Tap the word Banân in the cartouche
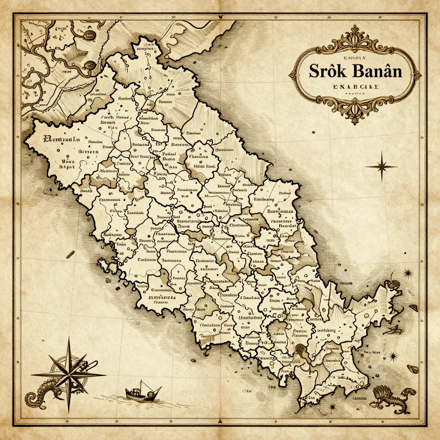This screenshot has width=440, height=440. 378,71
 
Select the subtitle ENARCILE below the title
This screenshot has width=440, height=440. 355,87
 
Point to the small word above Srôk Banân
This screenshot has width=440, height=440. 355,56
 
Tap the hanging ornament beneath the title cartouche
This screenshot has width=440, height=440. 355,114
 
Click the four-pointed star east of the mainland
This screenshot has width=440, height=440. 381,166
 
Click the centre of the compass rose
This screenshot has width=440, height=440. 69,375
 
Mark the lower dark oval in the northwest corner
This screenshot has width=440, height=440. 91,65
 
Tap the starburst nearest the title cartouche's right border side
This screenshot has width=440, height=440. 407,272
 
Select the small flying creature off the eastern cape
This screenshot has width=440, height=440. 394,330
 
